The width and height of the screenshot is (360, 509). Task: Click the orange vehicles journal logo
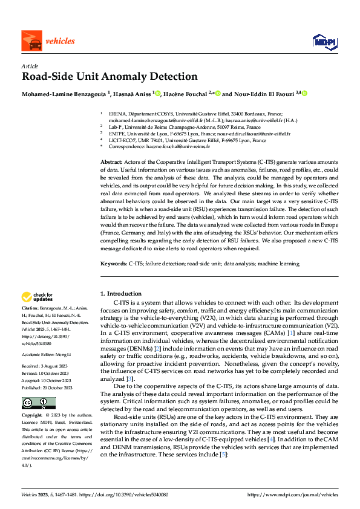[x=48, y=41]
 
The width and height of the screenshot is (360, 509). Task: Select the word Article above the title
[x=30, y=66]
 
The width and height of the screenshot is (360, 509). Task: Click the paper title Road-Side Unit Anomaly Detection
[x=110, y=77]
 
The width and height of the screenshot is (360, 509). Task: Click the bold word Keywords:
[x=113, y=264]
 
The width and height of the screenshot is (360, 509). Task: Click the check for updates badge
[x=38, y=297]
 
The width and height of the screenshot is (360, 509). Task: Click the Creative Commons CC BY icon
[x=39, y=403]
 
